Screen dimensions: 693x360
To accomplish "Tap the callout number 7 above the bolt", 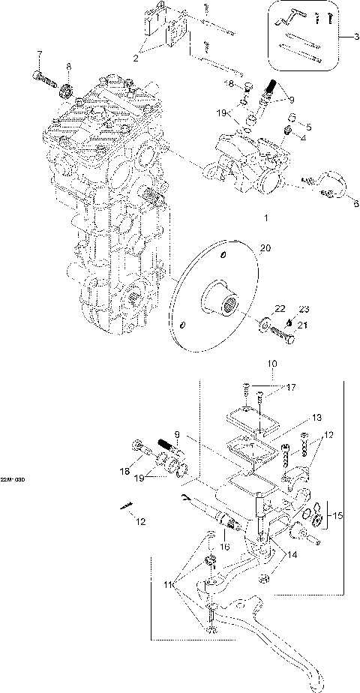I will tap(40, 53).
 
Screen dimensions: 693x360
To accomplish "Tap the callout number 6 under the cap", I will tap(355, 204).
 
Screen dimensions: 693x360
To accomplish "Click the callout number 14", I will tap(289, 555).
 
